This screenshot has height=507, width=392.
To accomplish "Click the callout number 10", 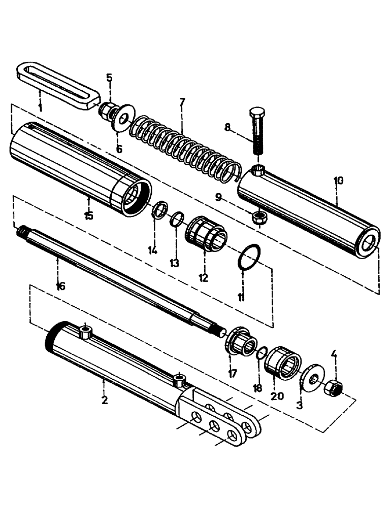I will [x=339, y=180].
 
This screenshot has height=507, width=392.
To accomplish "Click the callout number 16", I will [x=60, y=286].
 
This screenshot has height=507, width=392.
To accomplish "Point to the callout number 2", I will [x=105, y=401].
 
